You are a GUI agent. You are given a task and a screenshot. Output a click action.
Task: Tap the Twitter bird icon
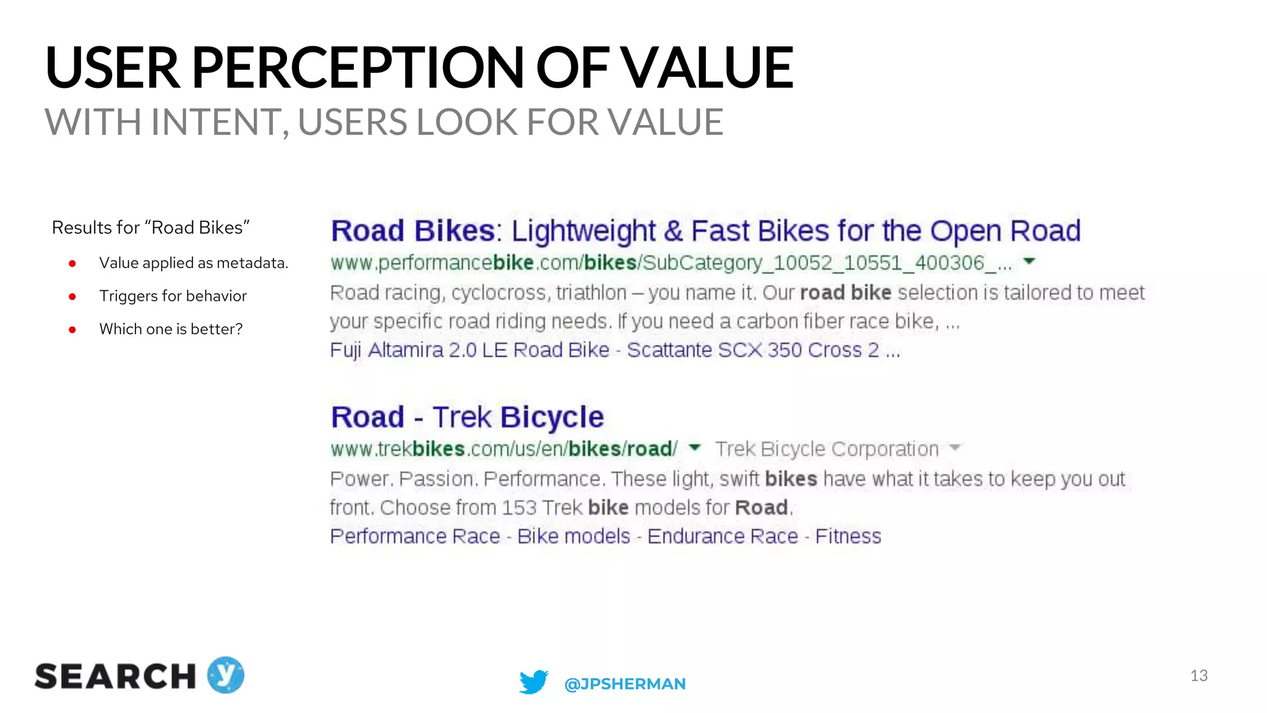(533, 681)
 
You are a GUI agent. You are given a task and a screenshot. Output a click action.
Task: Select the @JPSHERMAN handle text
(625, 684)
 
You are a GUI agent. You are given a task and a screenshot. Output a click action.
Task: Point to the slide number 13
(1198, 675)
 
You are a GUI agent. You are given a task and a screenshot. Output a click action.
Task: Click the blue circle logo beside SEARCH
(226, 675)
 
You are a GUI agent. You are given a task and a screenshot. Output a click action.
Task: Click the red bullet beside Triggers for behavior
(72, 296)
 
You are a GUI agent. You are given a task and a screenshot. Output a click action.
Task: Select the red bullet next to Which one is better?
(72, 330)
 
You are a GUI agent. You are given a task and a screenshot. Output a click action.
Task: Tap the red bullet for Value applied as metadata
(72, 264)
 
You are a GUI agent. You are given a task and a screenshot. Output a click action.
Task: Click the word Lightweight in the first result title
(583, 231)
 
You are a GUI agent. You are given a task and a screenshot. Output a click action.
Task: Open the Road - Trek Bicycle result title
(467, 417)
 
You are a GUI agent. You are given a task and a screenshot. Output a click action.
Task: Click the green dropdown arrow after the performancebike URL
(1029, 261)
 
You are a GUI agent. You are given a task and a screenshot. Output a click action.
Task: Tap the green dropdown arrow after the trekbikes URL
(695, 447)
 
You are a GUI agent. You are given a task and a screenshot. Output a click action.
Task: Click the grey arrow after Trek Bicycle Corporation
(955, 447)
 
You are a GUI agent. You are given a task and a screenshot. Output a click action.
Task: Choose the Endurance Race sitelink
(723, 536)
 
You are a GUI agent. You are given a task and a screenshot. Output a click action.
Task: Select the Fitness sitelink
(848, 536)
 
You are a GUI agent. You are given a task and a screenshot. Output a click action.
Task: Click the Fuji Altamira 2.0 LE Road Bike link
(470, 350)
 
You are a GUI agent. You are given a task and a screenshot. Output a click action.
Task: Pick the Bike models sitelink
(573, 536)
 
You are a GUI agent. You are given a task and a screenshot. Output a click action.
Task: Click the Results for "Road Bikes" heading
(150, 228)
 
